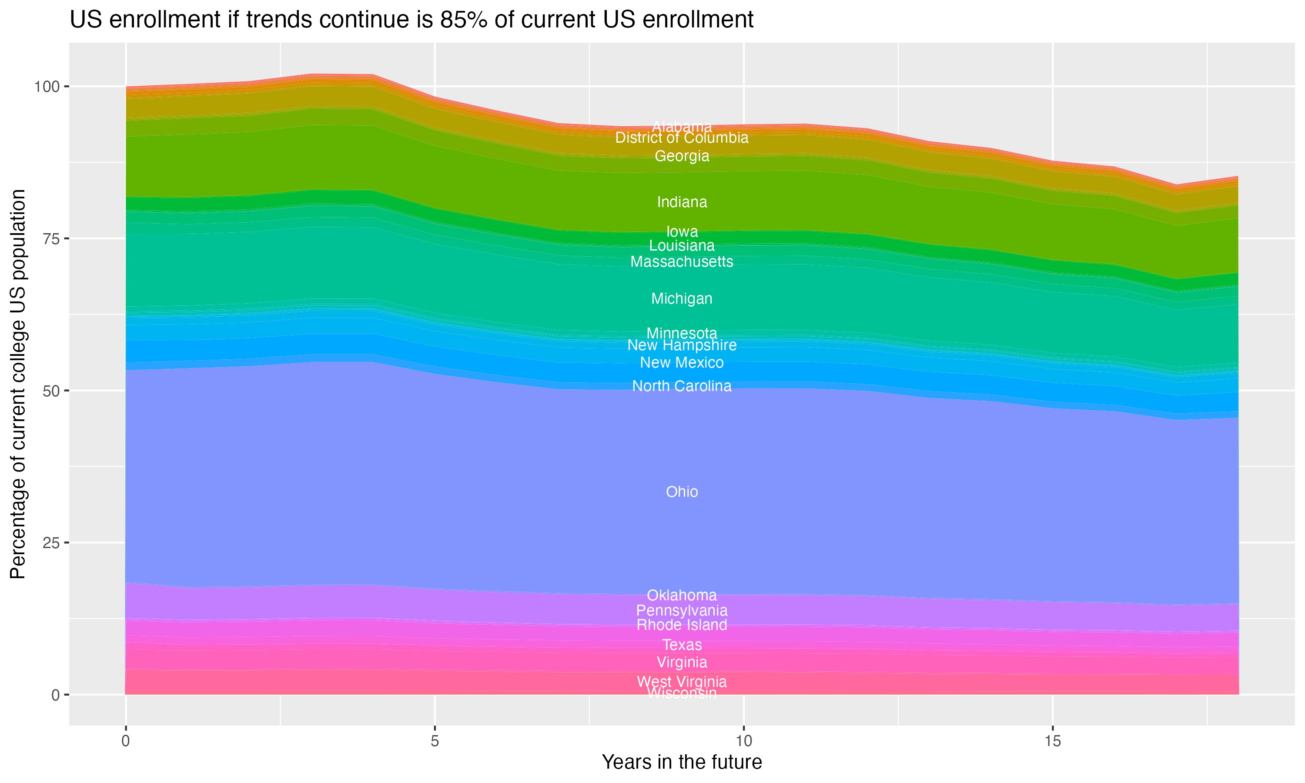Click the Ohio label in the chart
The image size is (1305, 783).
(x=682, y=492)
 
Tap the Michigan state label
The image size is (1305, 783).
(x=682, y=299)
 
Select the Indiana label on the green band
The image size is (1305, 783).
(x=682, y=202)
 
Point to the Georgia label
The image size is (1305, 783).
(x=682, y=156)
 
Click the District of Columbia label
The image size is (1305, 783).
(x=682, y=138)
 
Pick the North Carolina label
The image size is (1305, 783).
(x=682, y=386)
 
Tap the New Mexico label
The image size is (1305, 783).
(x=682, y=362)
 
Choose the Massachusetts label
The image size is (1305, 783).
(x=682, y=262)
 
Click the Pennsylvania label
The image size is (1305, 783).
(x=682, y=610)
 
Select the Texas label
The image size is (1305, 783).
(x=682, y=645)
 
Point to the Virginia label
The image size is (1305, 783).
(x=682, y=662)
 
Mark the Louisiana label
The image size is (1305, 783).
(x=682, y=245)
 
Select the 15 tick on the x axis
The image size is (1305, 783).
(x=1052, y=741)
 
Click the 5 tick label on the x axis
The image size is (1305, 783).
(x=435, y=741)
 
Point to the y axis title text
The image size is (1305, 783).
(x=18, y=384)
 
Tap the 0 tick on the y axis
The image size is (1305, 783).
(x=55, y=695)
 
